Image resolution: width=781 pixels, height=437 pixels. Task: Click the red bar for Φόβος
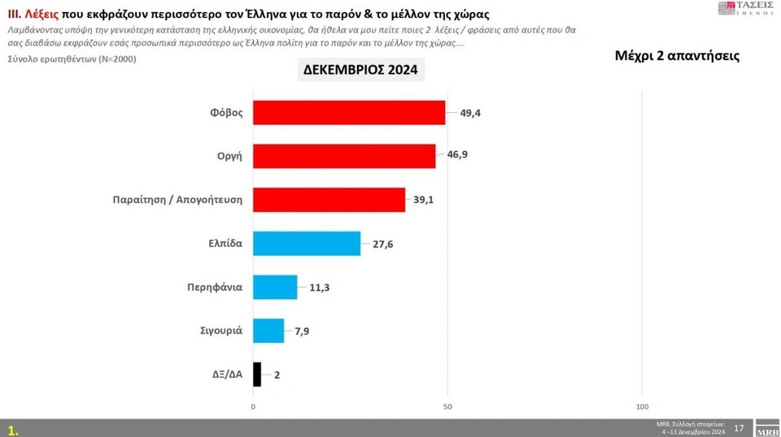click(349, 113)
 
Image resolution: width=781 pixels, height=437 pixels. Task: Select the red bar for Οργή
click(344, 156)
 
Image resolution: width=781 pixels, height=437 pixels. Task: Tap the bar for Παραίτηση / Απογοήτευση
click(329, 200)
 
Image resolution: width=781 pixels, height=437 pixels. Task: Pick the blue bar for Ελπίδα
click(307, 244)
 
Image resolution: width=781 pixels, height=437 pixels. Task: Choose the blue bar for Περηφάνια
click(275, 287)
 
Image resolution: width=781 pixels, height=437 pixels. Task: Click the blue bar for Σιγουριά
click(268, 331)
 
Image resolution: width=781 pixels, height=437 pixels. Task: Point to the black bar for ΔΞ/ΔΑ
click(257, 374)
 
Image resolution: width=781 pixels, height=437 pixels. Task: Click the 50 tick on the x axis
click(447, 406)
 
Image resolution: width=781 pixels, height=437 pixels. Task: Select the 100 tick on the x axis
click(642, 406)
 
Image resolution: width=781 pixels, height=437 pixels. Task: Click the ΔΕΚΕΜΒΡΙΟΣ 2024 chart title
click(360, 71)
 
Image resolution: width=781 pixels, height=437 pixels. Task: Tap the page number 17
click(739, 427)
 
